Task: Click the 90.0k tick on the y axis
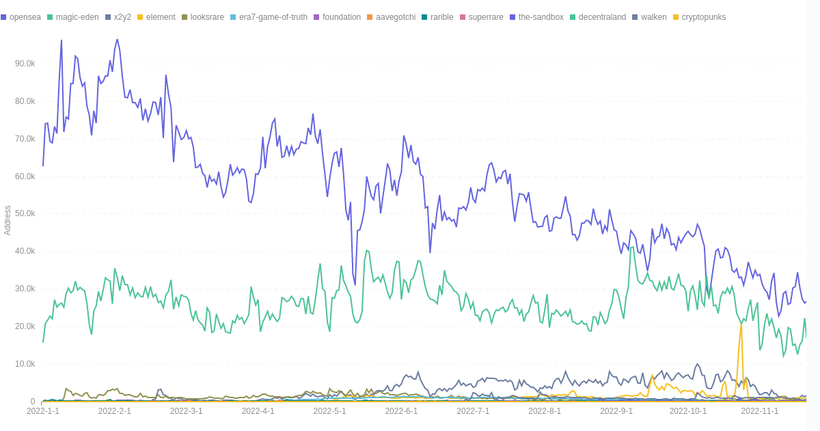25,64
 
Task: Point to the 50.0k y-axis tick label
25,213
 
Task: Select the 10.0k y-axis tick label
25,364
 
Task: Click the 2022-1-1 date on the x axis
43,411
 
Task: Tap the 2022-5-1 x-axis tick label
329,411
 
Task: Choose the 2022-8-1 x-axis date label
545,411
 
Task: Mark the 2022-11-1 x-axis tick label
760,411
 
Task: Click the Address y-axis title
8,220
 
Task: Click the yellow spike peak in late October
741,324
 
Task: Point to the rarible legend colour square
424,17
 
